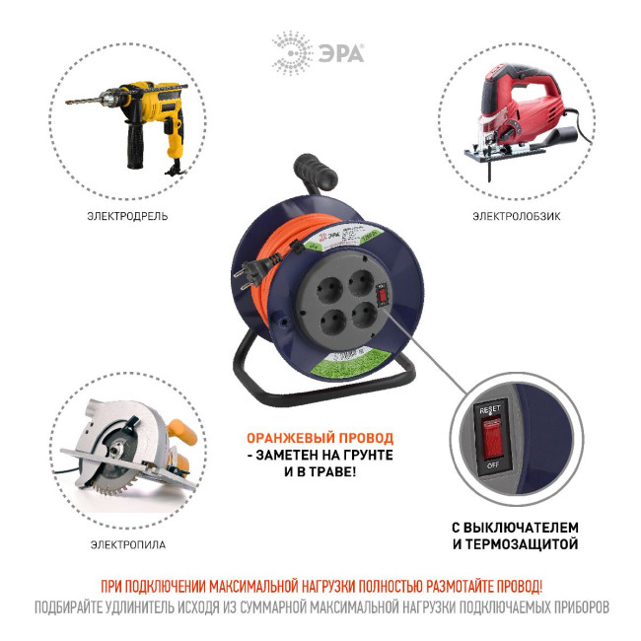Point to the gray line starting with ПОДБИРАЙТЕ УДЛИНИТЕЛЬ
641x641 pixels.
pyautogui.click(x=320, y=606)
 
